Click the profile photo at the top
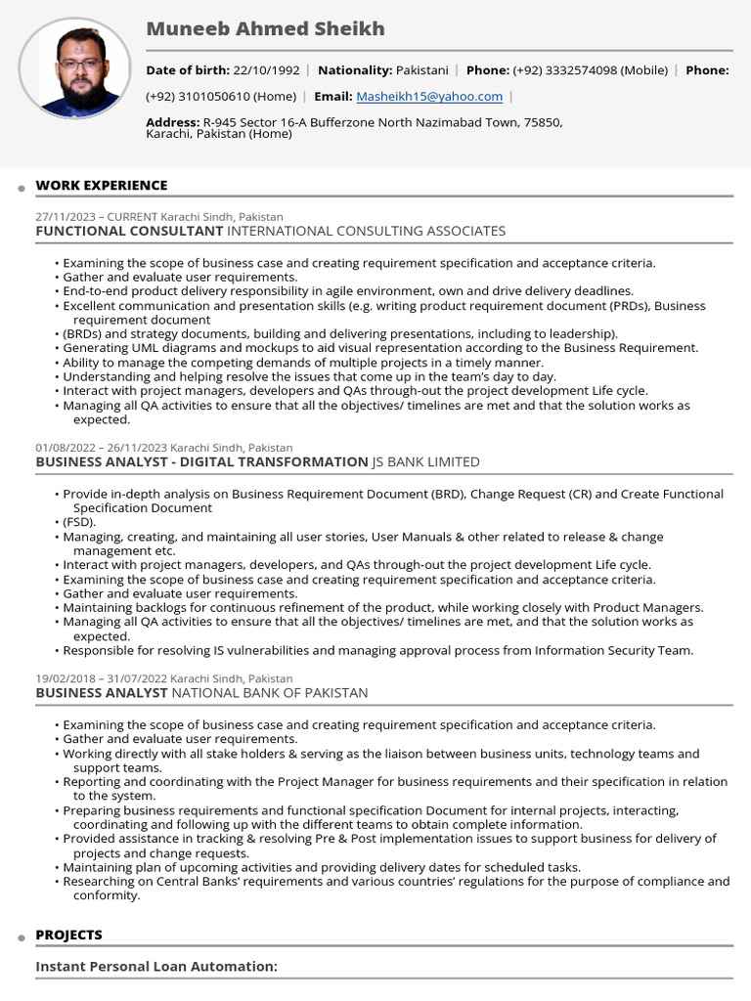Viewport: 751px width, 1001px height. pyautogui.click(x=74, y=67)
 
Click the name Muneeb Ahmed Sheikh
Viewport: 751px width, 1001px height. pyautogui.click(x=265, y=29)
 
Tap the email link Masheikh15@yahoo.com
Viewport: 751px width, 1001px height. pyautogui.click(x=429, y=97)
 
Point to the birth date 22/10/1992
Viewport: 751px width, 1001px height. pyautogui.click(x=266, y=70)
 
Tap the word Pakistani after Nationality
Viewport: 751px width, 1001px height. pyautogui.click(x=421, y=70)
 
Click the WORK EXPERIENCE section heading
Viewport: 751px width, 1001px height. pyautogui.click(x=102, y=186)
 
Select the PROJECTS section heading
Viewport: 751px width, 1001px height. pyautogui.click(x=68, y=936)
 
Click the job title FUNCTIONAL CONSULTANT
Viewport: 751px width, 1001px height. pyautogui.click(x=129, y=232)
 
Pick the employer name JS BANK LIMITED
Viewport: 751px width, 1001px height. pyautogui.click(x=425, y=462)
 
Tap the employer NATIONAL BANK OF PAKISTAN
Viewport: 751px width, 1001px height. pyautogui.click(x=270, y=693)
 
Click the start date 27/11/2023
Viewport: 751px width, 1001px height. pyautogui.click(x=66, y=217)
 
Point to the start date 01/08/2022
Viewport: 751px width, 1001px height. pyautogui.click(x=66, y=448)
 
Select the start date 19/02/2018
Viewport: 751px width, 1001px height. pyautogui.click(x=66, y=678)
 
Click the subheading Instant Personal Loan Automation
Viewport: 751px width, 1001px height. pyautogui.click(x=156, y=967)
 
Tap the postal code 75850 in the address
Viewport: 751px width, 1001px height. pyautogui.click(x=543, y=122)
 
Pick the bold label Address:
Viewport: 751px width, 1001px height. pyautogui.click(x=172, y=122)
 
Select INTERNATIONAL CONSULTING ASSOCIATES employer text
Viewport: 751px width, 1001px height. pyautogui.click(x=367, y=232)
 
